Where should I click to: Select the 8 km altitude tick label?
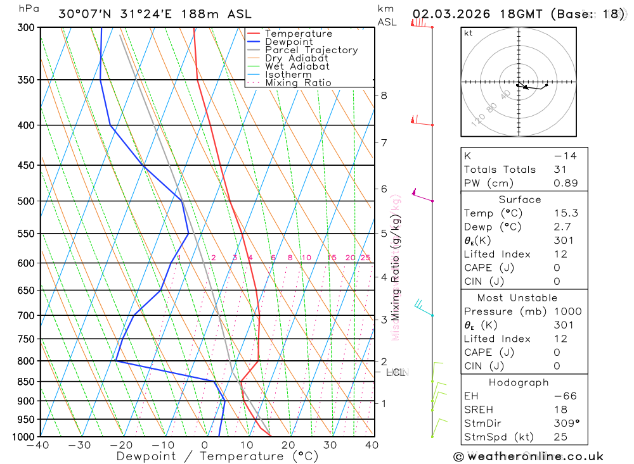point(384,96)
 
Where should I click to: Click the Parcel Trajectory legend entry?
point(311,50)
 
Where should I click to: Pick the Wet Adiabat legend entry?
point(297,66)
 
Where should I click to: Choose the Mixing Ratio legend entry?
point(298,83)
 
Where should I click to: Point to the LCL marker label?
point(396,372)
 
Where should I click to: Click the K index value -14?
point(565,156)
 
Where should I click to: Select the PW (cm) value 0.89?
point(566,184)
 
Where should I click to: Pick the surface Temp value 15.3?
point(566,213)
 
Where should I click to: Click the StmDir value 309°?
point(566,423)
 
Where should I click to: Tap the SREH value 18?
point(560,410)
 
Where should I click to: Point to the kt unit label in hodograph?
point(469,33)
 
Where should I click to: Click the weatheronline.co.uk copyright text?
point(529,456)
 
